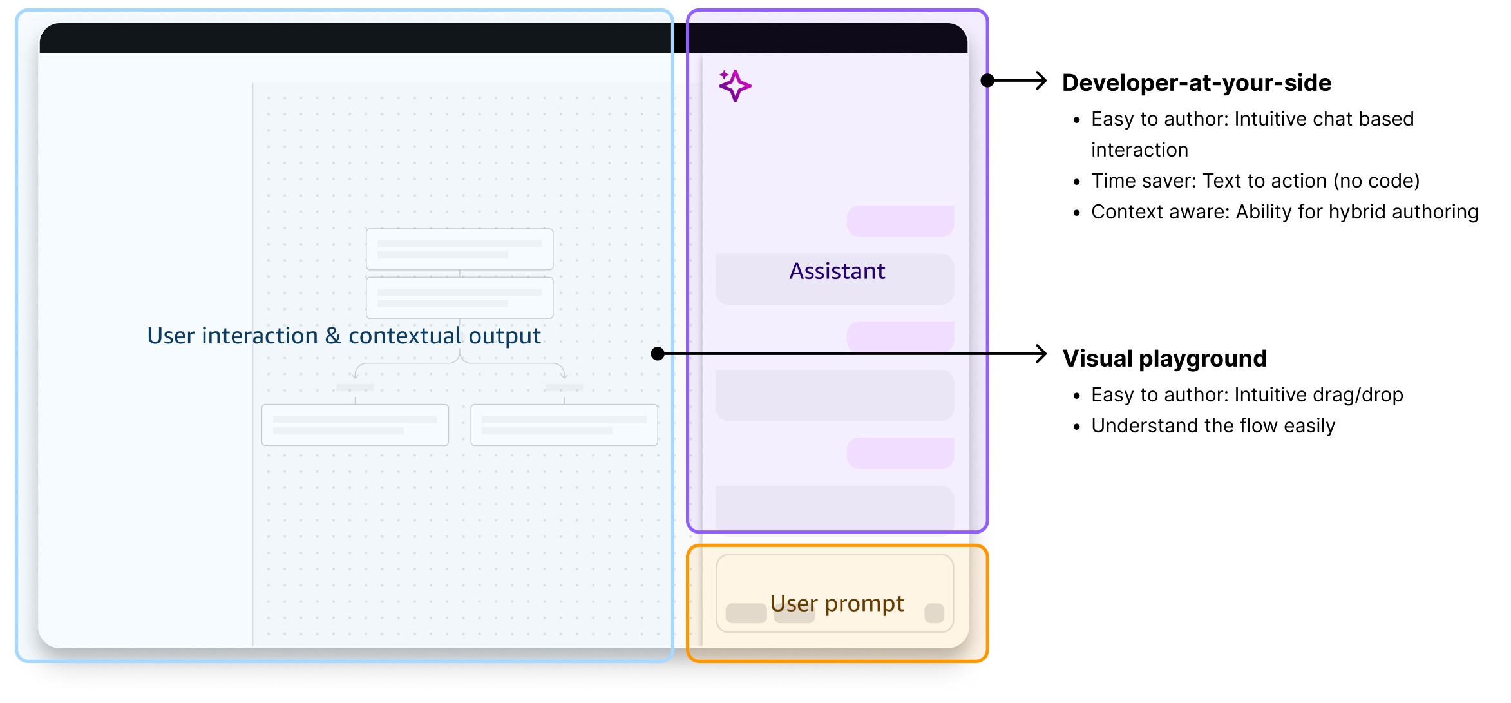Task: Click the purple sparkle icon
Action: (734, 86)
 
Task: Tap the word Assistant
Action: (837, 271)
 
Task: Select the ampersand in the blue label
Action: (333, 336)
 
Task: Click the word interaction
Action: (260, 336)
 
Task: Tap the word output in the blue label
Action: (504, 336)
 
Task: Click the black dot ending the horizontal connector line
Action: (658, 354)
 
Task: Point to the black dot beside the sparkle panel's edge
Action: (987, 81)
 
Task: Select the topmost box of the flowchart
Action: (459, 249)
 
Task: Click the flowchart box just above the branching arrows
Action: (459, 298)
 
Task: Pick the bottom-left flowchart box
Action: (355, 425)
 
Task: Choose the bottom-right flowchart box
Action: (564, 425)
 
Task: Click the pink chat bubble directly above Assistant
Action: (900, 221)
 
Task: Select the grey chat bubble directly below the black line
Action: (835, 395)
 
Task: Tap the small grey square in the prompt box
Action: (934, 613)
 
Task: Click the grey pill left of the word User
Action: (746, 613)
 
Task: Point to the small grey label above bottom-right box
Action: (564, 388)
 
